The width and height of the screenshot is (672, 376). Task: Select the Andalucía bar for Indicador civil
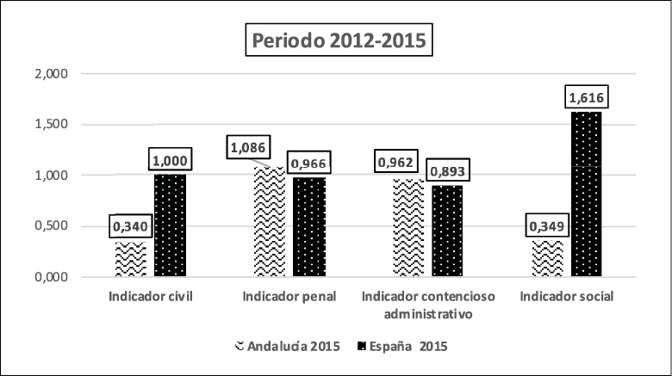[131, 259]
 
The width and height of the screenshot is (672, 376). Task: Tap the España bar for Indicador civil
[171, 225]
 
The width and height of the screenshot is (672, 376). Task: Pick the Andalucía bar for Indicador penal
[269, 222]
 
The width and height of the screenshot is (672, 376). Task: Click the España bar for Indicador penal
[309, 228]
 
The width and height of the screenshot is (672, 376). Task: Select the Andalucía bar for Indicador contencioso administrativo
[408, 228]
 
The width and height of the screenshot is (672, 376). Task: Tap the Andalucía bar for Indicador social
[548, 259]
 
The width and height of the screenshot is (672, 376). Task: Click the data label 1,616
[588, 98]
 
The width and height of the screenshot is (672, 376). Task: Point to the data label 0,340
[130, 228]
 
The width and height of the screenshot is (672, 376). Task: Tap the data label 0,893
[450, 170]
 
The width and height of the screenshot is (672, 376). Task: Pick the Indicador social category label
[568, 297]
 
